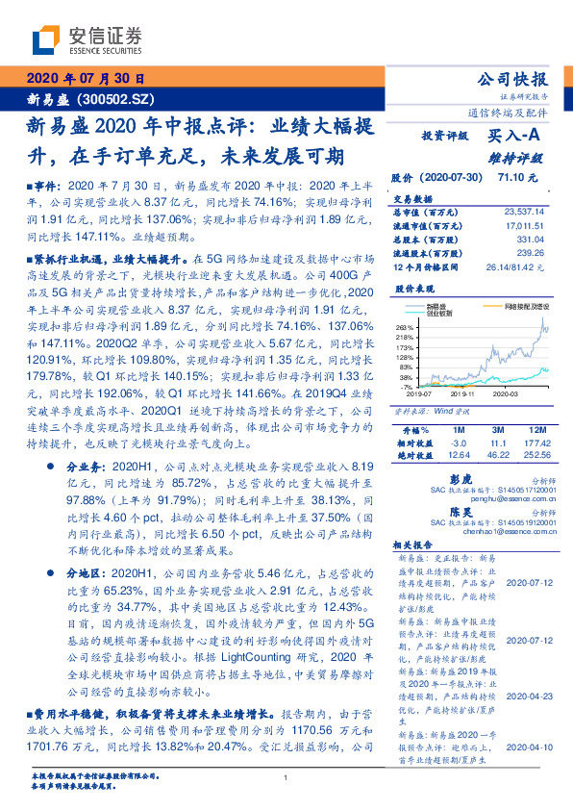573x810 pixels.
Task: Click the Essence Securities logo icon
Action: [x=46, y=40]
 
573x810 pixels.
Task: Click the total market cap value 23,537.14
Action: [x=523, y=210]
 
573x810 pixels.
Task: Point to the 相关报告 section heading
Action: [x=414, y=544]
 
